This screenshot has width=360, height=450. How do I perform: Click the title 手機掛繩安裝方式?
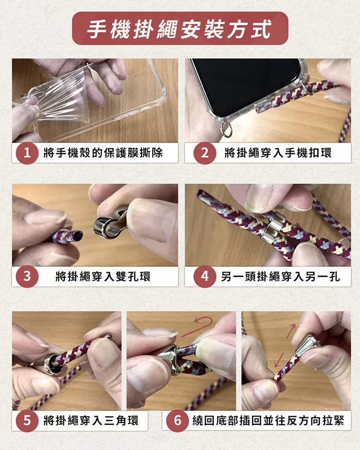pos(179,29)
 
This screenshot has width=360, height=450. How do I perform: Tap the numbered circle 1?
pos(27,153)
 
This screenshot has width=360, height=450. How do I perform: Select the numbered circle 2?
pos(205,153)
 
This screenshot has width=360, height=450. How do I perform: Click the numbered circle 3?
pos(27,276)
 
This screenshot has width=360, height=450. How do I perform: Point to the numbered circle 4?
pos(205,276)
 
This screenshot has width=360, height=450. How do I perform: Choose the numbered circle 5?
pos(27,421)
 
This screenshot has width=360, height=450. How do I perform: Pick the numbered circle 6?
pos(177,421)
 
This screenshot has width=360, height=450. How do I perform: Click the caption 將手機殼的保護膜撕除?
pos(103,153)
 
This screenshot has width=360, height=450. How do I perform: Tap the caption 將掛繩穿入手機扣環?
pos(278,153)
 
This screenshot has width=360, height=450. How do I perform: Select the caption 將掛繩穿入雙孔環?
pos(103,276)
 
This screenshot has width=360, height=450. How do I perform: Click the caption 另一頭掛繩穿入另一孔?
pos(280,276)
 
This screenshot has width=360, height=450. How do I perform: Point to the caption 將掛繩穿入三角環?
pos(91,421)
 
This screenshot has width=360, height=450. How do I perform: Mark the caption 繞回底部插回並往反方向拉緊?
pos(268,421)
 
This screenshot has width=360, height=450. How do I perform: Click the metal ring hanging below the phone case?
pos(227,130)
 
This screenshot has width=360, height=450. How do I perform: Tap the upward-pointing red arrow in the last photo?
pos(291,331)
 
